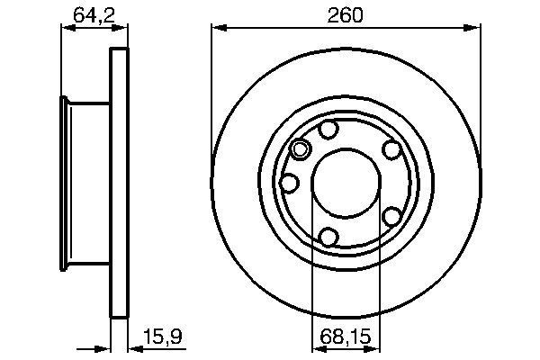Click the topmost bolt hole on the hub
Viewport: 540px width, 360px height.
[329, 130]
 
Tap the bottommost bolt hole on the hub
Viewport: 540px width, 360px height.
[329, 237]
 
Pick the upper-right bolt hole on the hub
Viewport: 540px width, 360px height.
[391, 150]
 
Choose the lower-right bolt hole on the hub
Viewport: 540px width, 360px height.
[391, 217]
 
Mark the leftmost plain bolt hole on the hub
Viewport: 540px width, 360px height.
[290, 184]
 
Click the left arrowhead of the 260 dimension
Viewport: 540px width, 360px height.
[218, 30]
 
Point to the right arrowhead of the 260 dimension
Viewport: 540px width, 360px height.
[474, 30]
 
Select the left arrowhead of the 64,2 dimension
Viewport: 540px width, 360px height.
[66, 30]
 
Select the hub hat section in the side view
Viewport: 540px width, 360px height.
[86, 184]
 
